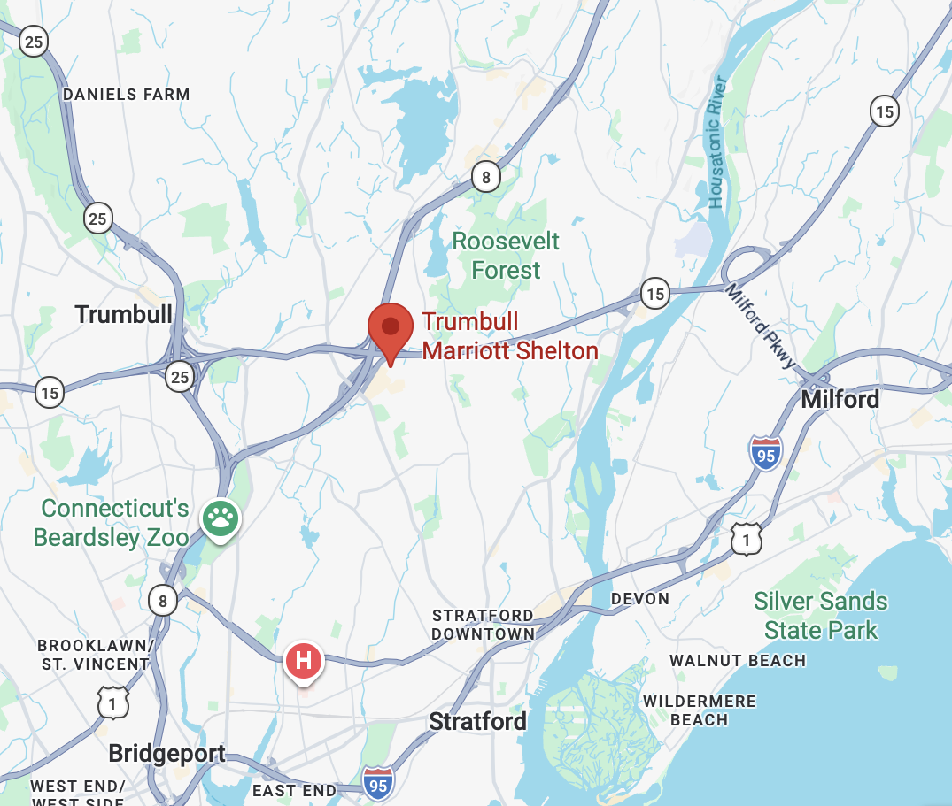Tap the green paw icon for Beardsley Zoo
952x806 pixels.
click(220, 518)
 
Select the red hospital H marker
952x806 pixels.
click(303, 661)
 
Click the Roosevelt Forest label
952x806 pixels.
click(506, 256)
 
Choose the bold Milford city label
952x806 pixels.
click(840, 400)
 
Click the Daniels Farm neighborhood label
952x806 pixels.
click(127, 95)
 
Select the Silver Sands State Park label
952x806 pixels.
click(821, 616)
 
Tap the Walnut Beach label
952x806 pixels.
click(738, 661)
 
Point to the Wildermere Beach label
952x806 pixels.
click(700, 710)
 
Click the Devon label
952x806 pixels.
click(640, 599)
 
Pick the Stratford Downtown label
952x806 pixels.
click(484, 625)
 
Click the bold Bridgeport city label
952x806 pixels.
click(166, 755)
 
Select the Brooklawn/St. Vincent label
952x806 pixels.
click(95, 655)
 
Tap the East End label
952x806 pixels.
click(295, 790)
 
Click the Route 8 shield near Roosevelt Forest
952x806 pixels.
click(485, 177)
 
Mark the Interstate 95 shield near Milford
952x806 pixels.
click(765, 453)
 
